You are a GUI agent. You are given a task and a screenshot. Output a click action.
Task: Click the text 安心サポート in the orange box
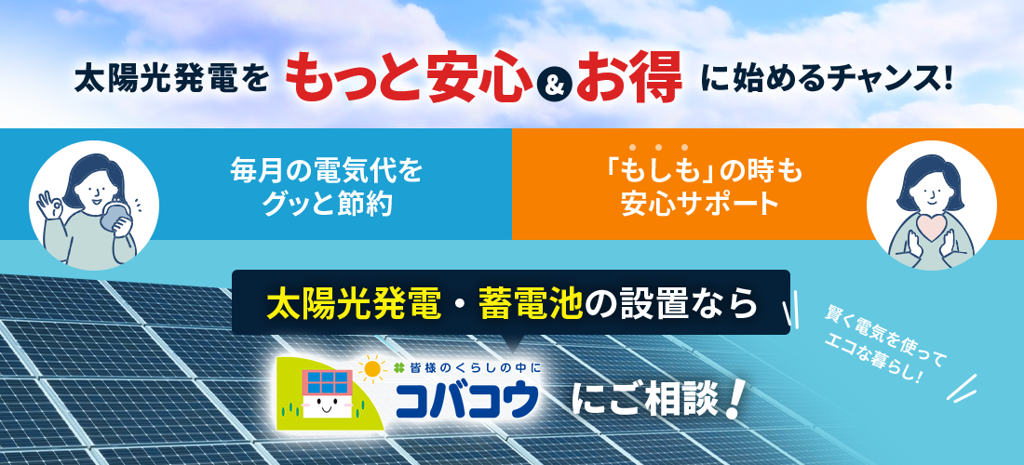pyautogui.click(x=699, y=205)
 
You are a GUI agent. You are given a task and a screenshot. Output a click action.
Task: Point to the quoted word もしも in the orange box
pyautogui.click(x=658, y=172)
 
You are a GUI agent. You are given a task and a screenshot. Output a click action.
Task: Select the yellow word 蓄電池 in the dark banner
pyautogui.click(x=530, y=304)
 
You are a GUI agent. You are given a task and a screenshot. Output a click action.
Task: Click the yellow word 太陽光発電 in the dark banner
pyautogui.click(x=353, y=304)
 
